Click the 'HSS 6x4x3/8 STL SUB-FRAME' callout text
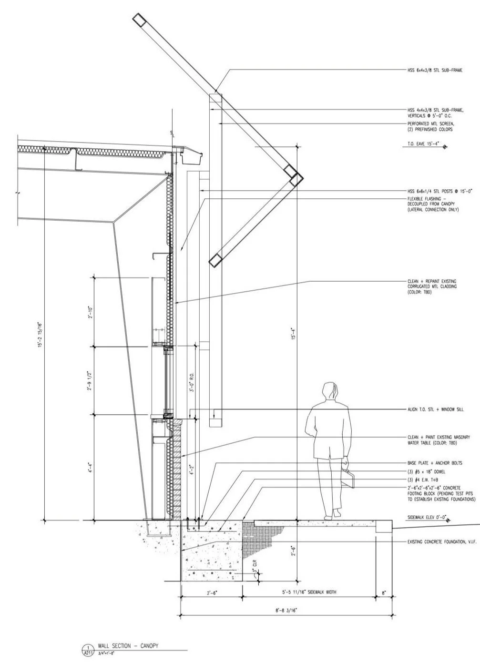coord(434,71)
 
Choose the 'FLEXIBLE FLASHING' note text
coord(433,204)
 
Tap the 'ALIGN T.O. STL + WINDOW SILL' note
coord(436,409)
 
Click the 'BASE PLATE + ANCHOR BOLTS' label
coord(434,463)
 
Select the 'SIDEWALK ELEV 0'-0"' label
coord(425,517)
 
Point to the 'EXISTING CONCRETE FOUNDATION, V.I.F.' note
coord(442,542)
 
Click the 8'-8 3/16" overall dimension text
coord(286,610)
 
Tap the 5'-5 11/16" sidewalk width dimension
coord(309,592)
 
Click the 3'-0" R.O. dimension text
coord(192,382)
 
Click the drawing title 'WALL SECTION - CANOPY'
coord(128,646)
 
